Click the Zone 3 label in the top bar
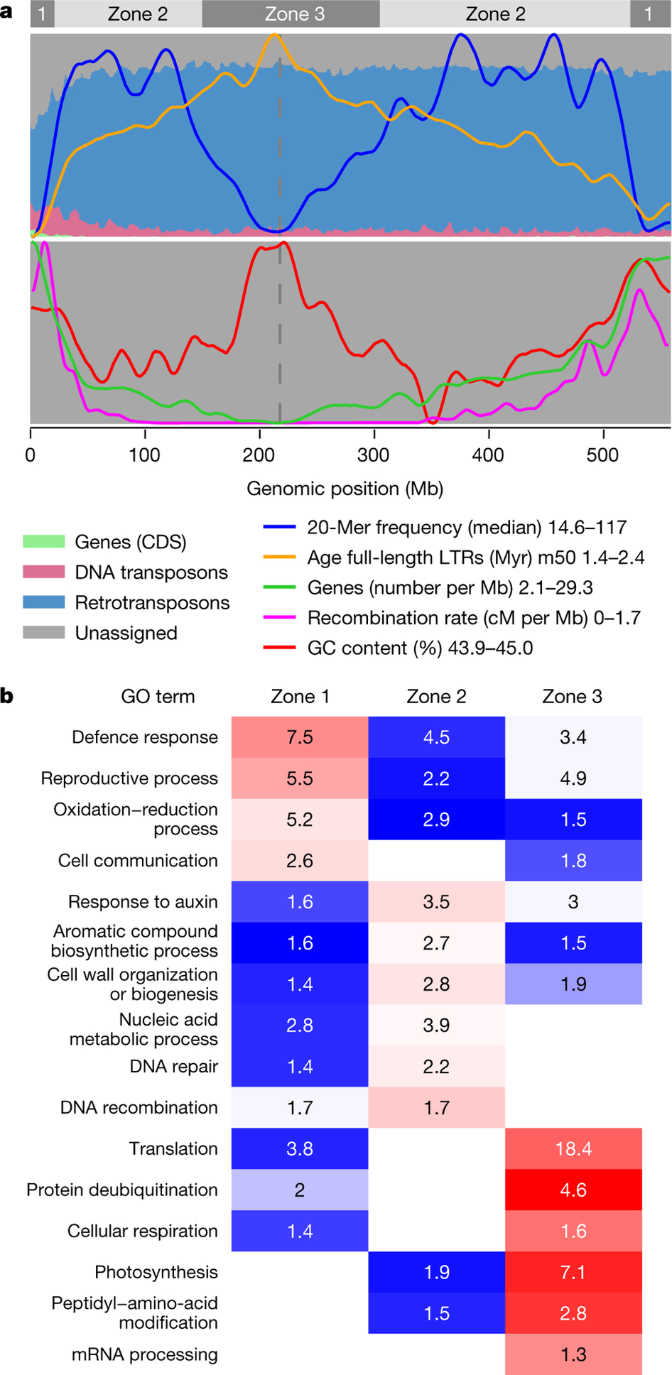[x=294, y=14]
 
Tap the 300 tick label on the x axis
[x=374, y=455]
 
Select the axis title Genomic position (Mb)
[x=345, y=489]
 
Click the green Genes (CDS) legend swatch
[x=43, y=542]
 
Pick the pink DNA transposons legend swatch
[x=43, y=572]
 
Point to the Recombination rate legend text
[x=474, y=618]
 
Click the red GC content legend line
[x=279, y=648]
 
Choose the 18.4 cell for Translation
[x=573, y=1148]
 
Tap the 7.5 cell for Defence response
[x=300, y=737]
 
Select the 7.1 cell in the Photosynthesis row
[x=573, y=1272]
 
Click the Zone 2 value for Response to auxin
[x=436, y=902]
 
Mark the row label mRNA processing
[x=144, y=1354]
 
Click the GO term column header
[x=158, y=696]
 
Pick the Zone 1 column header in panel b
[x=300, y=696]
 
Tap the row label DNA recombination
[x=139, y=1107]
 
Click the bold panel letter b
[x=7, y=696]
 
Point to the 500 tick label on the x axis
[x=602, y=455]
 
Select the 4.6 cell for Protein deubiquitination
[x=573, y=1190]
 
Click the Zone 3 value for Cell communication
[x=573, y=861]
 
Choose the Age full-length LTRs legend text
[x=476, y=558]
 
